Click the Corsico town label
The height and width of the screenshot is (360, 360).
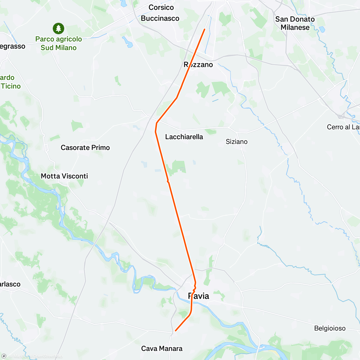click(x=161, y=7)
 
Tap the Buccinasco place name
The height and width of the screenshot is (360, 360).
click(x=160, y=19)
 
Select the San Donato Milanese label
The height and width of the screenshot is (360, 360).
click(x=295, y=23)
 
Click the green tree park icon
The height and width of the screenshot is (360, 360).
click(x=58, y=28)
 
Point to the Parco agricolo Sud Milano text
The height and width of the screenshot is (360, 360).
click(x=58, y=43)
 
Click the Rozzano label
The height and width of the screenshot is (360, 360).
click(x=198, y=65)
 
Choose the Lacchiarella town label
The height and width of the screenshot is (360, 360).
click(x=184, y=137)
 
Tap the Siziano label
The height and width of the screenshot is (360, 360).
click(x=236, y=142)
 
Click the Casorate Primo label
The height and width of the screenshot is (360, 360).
click(x=85, y=148)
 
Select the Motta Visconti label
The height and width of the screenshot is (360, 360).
click(x=64, y=176)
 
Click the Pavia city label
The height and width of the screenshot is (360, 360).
click(x=198, y=296)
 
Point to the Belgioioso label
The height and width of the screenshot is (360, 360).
click(x=330, y=328)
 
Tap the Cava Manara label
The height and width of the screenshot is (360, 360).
click(x=162, y=349)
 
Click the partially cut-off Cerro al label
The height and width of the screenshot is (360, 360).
click(x=343, y=127)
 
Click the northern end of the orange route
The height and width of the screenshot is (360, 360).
click(x=205, y=29)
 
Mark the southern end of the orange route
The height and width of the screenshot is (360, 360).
click(x=175, y=331)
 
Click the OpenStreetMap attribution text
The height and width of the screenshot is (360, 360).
click(x=48, y=356)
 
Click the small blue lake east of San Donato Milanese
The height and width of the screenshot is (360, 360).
click(x=322, y=29)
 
